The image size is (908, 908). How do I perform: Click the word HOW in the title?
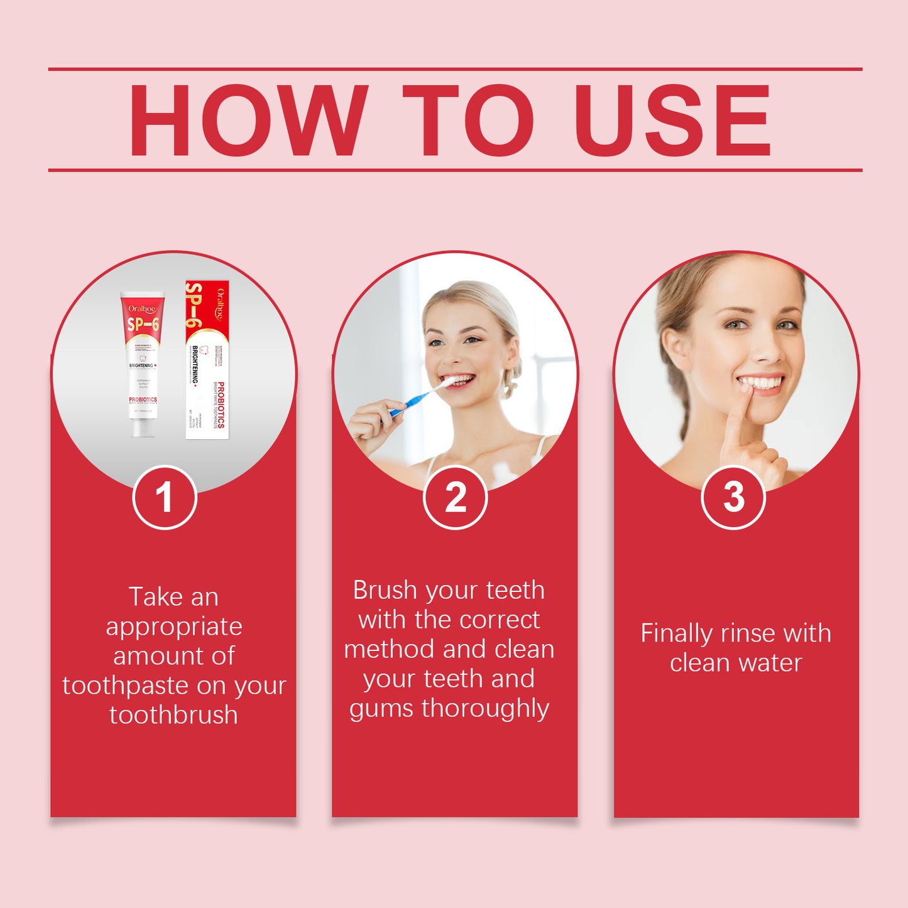[x=248, y=120]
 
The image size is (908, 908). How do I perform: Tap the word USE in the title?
[x=672, y=120]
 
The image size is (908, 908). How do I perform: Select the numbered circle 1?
[x=165, y=497]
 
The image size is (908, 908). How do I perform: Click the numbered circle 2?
[x=455, y=497]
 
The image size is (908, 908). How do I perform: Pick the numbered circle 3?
[x=733, y=497]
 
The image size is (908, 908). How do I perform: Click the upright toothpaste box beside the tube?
[x=207, y=359]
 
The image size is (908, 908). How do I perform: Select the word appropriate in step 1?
[x=174, y=626]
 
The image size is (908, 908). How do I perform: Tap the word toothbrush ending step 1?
[x=174, y=715]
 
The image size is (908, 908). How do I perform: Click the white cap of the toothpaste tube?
[x=143, y=428]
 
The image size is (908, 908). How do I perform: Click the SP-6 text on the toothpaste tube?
[x=143, y=324]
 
